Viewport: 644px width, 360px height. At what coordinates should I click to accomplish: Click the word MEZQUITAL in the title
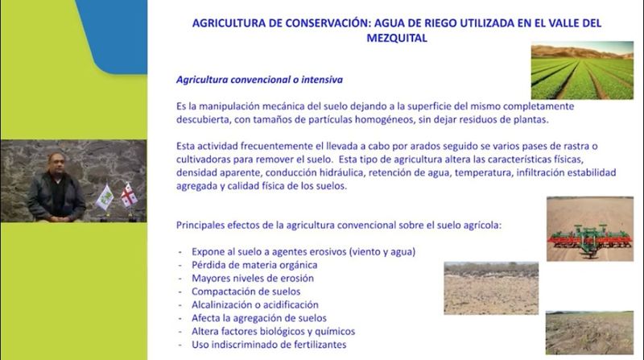pos(397,38)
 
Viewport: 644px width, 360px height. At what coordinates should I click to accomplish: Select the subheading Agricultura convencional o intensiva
pos(259,79)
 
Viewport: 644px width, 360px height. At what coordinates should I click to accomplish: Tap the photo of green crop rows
pos(582,70)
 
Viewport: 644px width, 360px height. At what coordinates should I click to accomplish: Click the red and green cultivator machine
pos(590,240)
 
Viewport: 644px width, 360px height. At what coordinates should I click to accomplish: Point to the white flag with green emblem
pos(105,197)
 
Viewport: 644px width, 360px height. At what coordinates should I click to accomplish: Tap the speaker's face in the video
pos(56,163)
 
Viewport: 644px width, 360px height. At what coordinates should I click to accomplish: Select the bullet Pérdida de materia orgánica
pos(254,265)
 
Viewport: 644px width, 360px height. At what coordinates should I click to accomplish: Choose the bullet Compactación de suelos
pos(246,292)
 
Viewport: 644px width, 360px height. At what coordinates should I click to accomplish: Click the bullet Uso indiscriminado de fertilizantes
pos(269,345)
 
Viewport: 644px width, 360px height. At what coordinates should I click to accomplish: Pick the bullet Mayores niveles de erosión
pos(253,278)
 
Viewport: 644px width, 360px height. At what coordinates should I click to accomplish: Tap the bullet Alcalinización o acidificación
pos(255,304)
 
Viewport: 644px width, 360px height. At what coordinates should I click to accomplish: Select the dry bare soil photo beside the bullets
pos(491,288)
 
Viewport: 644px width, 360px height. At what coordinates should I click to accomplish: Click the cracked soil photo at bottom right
pos(589,333)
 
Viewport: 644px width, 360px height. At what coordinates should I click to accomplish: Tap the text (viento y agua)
pos(382,251)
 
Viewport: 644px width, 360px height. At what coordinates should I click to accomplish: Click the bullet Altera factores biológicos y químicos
pos(273,331)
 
